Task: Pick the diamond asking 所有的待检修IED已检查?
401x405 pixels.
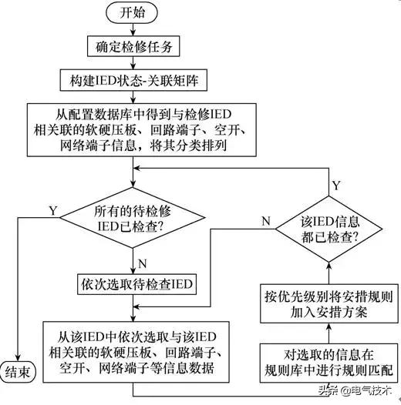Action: tap(136, 221)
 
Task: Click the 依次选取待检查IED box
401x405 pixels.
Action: tap(136, 284)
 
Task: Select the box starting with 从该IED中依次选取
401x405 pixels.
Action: tap(136, 348)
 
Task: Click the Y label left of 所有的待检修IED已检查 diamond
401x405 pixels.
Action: tap(52, 209)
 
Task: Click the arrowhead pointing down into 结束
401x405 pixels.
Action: tap(19, 355)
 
